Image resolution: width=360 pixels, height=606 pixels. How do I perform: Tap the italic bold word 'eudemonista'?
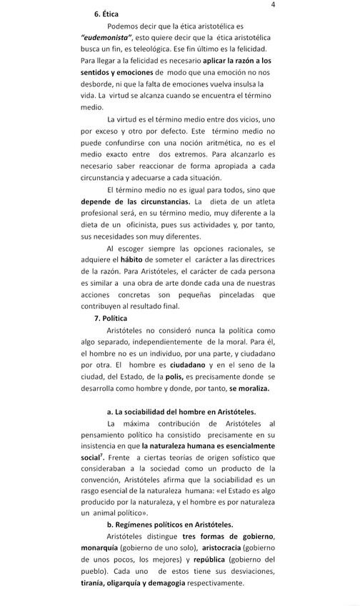109,37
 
